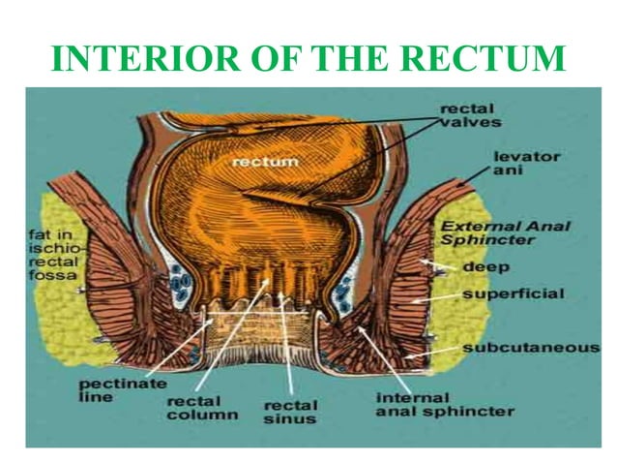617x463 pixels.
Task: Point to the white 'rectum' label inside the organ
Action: pyautogui.click(x=265, y=161)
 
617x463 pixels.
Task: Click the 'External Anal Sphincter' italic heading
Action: pyautogui.click(x=505, y=233)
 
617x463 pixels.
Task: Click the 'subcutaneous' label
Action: pyautogui.click(x=530, y=347)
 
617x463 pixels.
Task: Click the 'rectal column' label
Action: pyautogui.click(x=202, y=407)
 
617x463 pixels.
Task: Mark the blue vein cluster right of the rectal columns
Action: pyautogui.click(x=343, y=286)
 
